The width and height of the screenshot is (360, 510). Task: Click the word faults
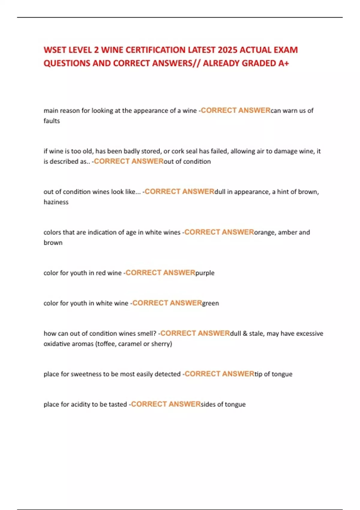[52, 121]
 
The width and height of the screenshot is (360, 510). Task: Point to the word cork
[178, 151]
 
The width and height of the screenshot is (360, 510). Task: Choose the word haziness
[56, 202]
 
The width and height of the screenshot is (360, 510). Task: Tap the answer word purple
[205, 273]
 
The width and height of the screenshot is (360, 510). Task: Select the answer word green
[211, 303]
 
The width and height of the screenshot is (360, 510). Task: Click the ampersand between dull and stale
[245, 334]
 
